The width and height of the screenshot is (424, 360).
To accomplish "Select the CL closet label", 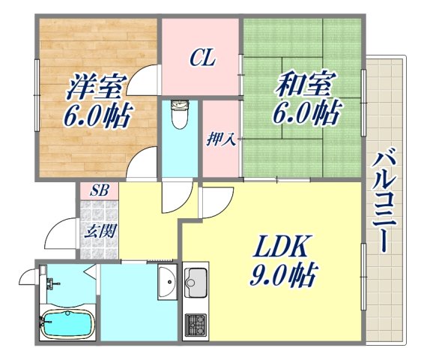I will tap(202, 57).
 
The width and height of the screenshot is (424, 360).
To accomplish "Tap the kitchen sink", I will tap(196, 286).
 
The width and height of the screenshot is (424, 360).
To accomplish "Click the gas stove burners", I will tap(196, 325).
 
